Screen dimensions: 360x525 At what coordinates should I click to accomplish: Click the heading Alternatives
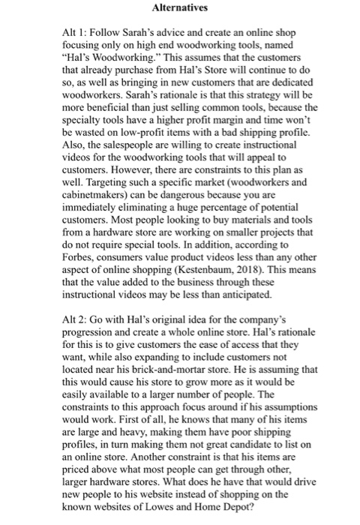point(180,9)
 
